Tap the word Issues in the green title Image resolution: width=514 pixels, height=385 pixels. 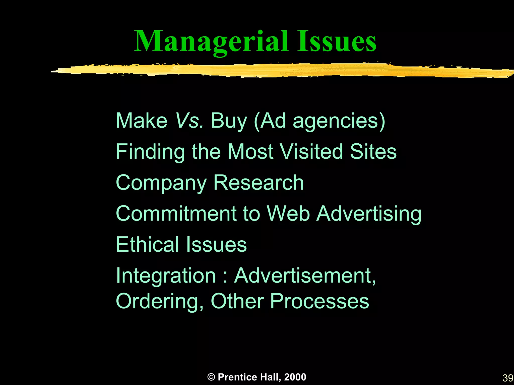point(337,42)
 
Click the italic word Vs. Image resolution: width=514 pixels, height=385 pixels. point(189,121)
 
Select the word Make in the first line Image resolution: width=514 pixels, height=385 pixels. point(141,121)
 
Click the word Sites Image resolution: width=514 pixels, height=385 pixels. point(373,152)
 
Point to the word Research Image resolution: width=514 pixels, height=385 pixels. point(259,183)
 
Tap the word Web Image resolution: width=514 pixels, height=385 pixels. point(288,214)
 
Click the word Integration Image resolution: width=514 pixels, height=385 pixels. point(166,276)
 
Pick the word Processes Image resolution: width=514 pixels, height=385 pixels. point(319,301)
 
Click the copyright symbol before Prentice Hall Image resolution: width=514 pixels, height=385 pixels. point(211,377)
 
